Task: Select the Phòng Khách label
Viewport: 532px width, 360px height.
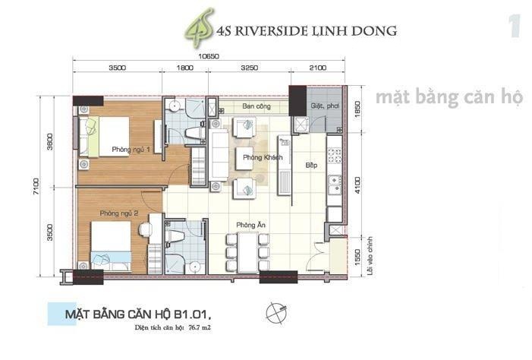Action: coord(263,157)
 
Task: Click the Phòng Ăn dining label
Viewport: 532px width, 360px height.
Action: coord(249,225)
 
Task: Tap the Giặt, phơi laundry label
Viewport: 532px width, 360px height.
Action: coord(324,106)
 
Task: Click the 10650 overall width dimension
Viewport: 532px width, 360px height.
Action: coord(209,56)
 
